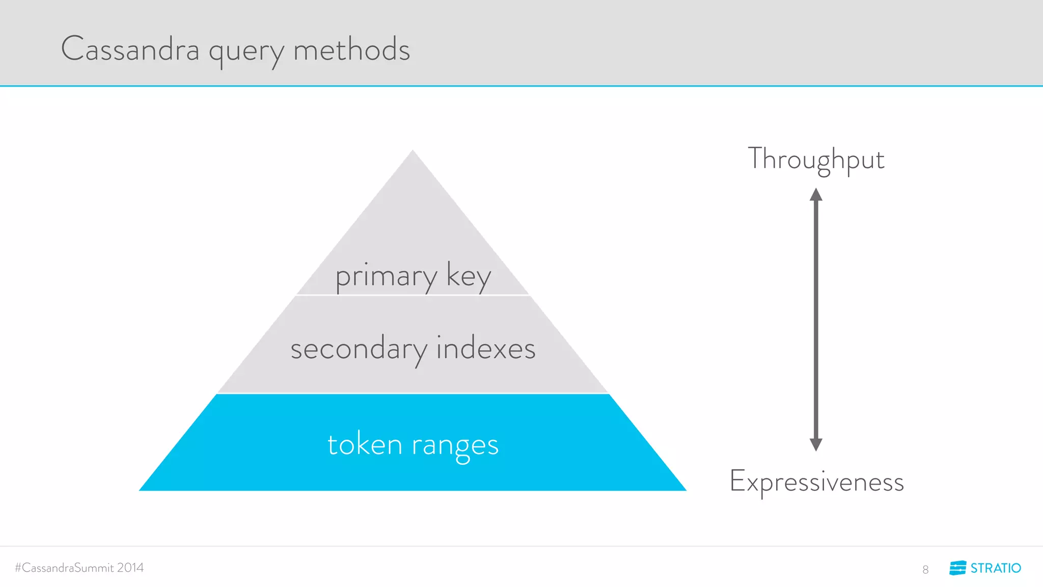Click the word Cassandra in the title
130,49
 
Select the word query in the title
246,52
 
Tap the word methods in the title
351,49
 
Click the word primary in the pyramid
386,277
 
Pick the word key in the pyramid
469,277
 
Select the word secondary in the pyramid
359,350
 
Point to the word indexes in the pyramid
486,349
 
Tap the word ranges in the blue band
455,446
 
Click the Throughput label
816,159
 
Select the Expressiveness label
816,482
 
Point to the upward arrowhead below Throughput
816,194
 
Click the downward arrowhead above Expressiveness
816,445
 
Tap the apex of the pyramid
413,151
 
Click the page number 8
925,570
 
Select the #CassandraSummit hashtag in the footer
64,568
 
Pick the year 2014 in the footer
130,568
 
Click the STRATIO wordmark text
996,568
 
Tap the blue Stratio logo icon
957,568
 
